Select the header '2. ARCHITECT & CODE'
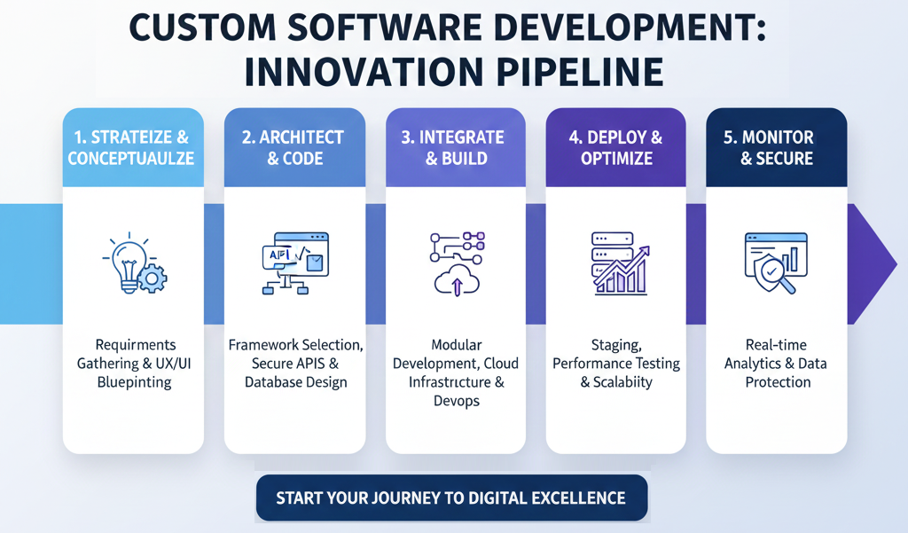(294, 148)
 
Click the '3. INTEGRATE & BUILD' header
(454, 148)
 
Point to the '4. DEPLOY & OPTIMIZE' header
(615, 148)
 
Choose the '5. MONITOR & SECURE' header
(776, 148)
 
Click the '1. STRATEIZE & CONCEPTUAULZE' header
(133, 148)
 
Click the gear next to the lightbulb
(153, 278)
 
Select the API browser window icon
(294, 255)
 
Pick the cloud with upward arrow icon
(456, 279)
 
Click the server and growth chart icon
(615, 262)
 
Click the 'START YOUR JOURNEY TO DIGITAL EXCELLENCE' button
(451, 498)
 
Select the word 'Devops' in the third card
(456, 401)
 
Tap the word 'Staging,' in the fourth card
(615, 344)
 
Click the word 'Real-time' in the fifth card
(776, 344)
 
